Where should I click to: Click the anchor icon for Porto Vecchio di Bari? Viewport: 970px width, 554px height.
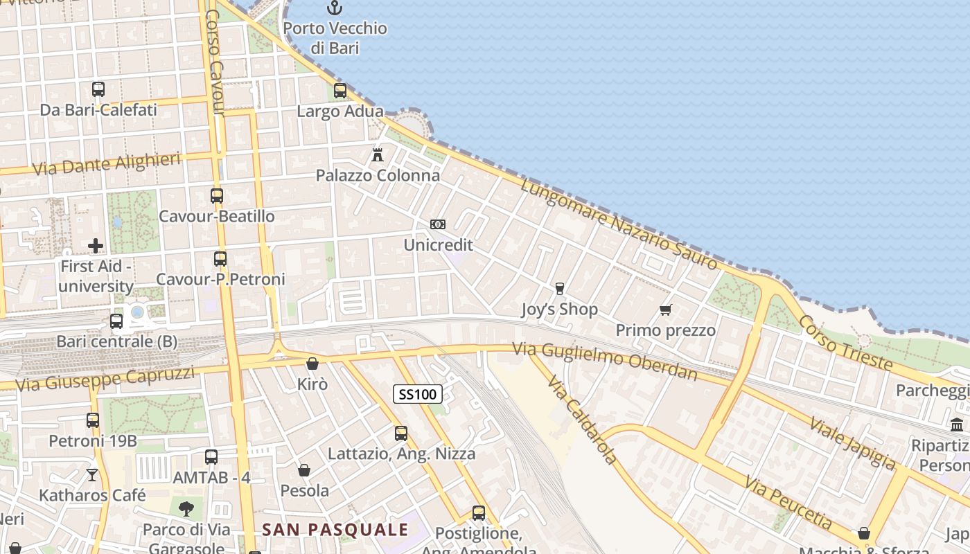coord(335,8)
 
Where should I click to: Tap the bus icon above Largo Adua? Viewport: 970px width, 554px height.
coord(340,91)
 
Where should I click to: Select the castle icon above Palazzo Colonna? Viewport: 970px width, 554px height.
coord(378,155)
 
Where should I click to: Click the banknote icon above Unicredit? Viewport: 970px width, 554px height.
coord(438,224)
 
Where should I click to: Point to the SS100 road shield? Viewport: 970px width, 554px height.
coord(418,395)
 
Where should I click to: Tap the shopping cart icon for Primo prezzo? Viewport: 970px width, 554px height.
coord(666,310)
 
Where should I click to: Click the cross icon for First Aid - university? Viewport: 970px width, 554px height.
coord(96,246)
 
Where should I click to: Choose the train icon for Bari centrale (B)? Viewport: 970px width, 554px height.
coord(116,321)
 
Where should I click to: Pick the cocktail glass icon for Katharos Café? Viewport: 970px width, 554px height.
coord(92,475)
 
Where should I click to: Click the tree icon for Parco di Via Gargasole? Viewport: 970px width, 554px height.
coord(186,510)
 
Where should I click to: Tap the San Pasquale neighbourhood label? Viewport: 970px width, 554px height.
coord(335,530)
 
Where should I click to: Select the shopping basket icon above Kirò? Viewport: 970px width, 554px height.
coord(312,364)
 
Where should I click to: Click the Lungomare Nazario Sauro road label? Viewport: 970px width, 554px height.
coord(619,224)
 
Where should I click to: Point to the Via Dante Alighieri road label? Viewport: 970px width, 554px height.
coord(107,163)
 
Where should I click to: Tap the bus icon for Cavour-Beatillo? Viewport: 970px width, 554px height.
coord(217,196)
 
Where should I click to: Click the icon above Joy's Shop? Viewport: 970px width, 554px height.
coord(560,289)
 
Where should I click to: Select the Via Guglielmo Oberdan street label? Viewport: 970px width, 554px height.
coord(605,361)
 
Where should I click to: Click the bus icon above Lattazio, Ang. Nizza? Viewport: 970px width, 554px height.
coord(401,434)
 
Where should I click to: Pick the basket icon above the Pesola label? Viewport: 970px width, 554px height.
coord(304,471)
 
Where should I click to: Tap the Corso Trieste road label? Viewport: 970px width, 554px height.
coord(845,342)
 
